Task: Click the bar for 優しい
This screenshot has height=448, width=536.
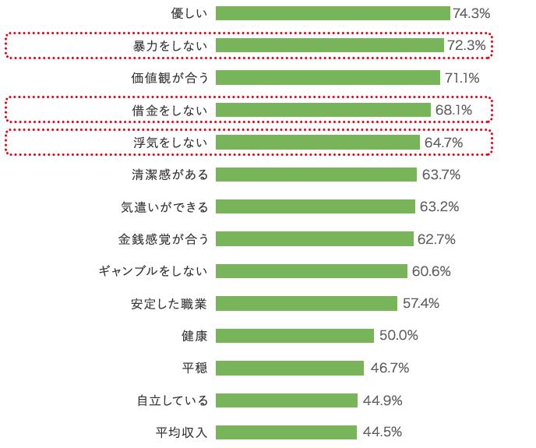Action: coord(333,13)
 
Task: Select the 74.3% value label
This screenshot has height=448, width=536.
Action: coord(471,13)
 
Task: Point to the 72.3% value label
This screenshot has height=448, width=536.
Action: coord(466,46)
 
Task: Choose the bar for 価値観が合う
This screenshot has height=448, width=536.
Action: coord(328,78)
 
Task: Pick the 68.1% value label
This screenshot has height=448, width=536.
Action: coord(453,110)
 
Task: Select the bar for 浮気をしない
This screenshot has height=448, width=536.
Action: coord(318,143)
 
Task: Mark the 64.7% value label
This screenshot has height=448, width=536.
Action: coord(444,143)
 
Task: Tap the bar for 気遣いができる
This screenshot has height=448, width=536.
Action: coord(316,206)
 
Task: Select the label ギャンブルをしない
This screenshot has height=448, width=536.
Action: coord(153,271)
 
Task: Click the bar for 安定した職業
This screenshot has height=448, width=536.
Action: coord(307,303)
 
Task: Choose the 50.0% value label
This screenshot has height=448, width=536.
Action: coord(399,336)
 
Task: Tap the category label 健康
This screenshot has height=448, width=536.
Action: coord(195,336)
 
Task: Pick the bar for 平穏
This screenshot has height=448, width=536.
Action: coord(290,368)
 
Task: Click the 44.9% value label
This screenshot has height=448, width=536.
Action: coord(382,400)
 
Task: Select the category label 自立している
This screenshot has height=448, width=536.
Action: coord(173,400)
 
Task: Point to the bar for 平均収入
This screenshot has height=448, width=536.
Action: coord(286,432)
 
